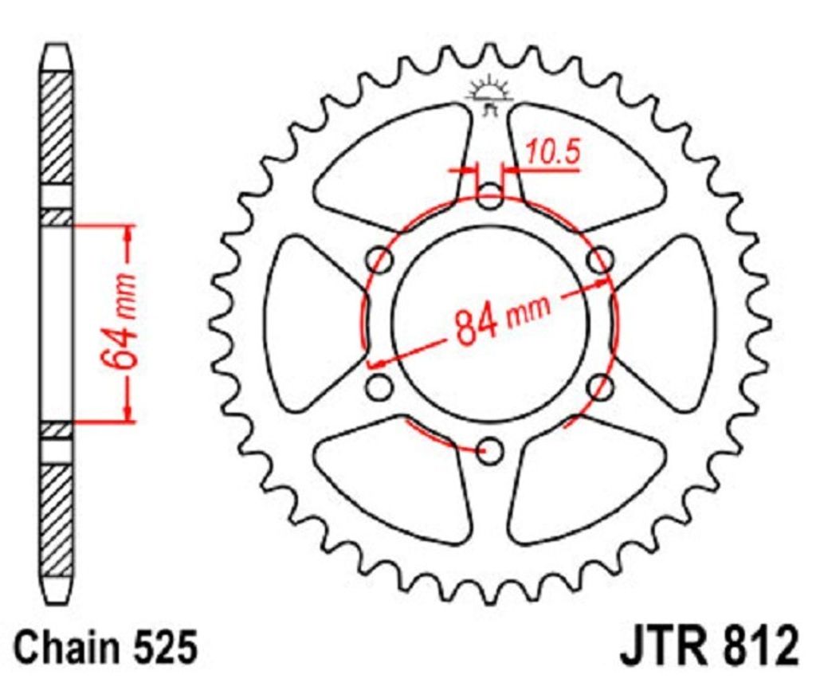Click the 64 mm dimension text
(x=120, y=322)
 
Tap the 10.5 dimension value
(x=551, y=154)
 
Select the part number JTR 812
(x=707, y=647)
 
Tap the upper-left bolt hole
(x=382, y=260)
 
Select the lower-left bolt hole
(x=382, y=388)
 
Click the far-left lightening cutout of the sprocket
(x=307, y=323)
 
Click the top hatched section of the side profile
(x=57, y=128)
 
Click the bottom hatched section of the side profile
(x=57, y=518)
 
